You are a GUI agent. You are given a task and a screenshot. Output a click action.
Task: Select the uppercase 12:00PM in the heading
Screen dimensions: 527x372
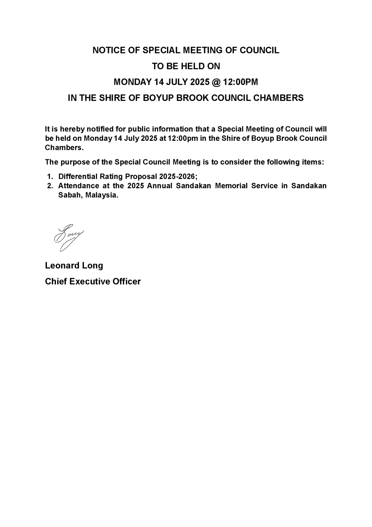click(x=240, y=82)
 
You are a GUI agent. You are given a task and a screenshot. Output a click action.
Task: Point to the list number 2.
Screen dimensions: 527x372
click(x=50, y=186)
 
